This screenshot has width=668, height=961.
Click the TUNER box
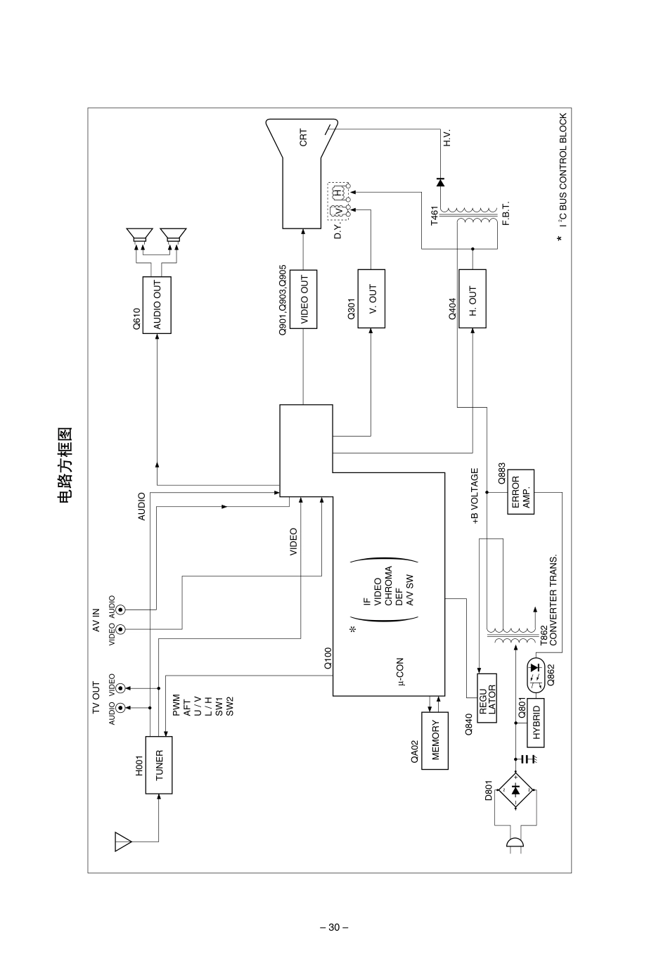point(159,765)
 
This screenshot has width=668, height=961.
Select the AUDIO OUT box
point(157,305)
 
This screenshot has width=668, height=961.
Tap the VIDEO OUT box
point(304,299)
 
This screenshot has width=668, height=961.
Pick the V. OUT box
point(372,299)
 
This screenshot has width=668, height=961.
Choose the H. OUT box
point(473,299)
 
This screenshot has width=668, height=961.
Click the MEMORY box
point(435,740)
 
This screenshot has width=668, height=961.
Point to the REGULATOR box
point(487,700)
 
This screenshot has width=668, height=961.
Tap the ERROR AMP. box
point(520,492)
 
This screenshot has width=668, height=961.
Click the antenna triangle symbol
point(123,841)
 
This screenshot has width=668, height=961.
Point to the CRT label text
point(303,137)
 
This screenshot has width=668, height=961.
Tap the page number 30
point(334,927)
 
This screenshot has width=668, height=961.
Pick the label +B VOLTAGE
point(475,497)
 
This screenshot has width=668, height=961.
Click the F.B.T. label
point(506,212)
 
